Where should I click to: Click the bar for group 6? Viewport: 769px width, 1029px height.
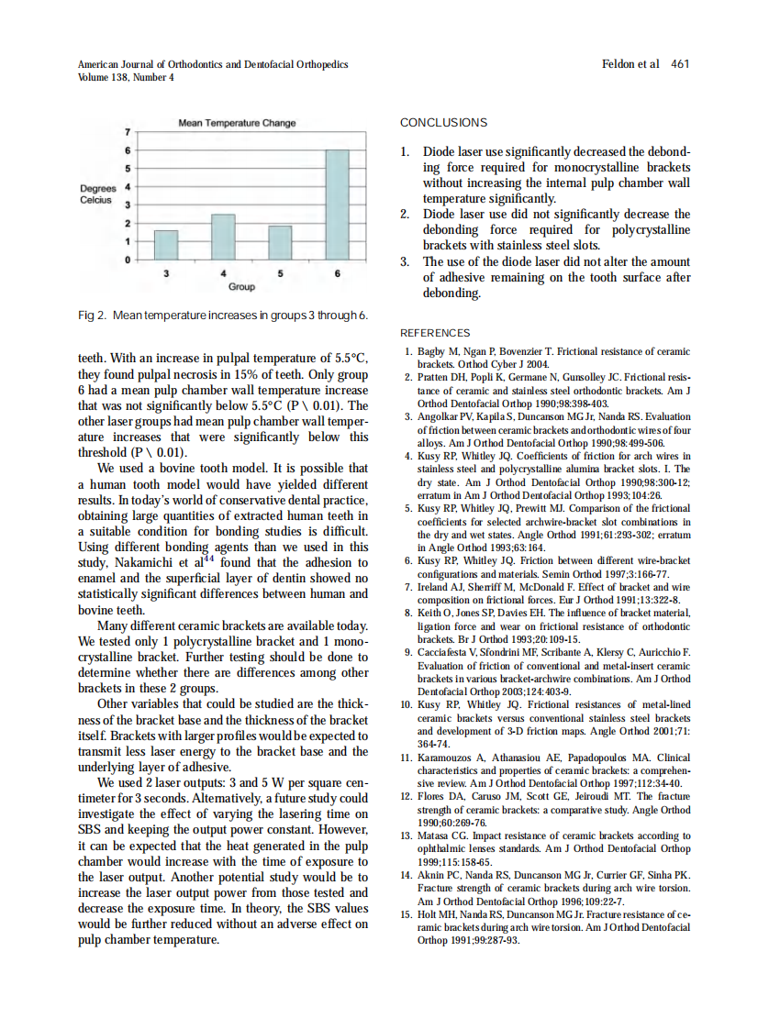tap(337, 205)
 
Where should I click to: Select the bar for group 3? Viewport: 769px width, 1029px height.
tap(165, 245)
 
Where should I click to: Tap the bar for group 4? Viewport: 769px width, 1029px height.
tap(223, 237)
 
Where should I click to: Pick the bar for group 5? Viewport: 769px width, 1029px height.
tap(279, 243)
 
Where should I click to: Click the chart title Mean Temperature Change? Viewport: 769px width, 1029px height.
tap(237, 123)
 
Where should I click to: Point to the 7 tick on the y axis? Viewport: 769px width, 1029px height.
tap(128, 132)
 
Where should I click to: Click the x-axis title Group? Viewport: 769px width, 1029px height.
tap(241, 287)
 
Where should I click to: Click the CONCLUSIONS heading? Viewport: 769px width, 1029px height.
tap(443, 123)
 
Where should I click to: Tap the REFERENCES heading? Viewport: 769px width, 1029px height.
tap(435, 333)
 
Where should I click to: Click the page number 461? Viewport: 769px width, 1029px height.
tap(680, 64)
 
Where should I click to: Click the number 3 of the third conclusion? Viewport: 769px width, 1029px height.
tap(404, 261)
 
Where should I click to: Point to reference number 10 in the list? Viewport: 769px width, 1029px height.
tap(407, 705)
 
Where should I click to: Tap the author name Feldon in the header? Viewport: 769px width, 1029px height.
tap(619, 64)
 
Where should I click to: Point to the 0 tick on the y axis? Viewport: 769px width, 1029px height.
tap(128, 260)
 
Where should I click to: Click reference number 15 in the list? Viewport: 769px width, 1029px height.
tap(407, 914)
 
